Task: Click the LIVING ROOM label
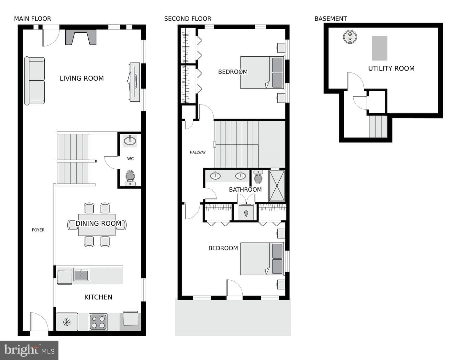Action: (82, 78)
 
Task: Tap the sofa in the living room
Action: (35, 81)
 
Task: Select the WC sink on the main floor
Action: (130, 141)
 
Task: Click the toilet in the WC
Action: (130, 178)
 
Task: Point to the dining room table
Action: (97, 225)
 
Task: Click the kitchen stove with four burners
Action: (98, 322)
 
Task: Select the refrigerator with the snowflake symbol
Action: (67, 322)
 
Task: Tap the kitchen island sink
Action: (81, 274)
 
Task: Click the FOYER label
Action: (38, 230)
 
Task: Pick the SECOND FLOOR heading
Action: (188, 19)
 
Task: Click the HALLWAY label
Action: (197, 152)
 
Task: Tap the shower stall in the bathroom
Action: (277, 186)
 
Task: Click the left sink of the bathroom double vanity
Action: (215, 176)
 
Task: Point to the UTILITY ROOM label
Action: (391, 68)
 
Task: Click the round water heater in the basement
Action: (350, 37)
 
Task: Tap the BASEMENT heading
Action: (330, 19)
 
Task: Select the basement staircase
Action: (378, 127)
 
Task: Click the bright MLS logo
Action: (29, 350)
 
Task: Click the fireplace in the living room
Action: (81, 37)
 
